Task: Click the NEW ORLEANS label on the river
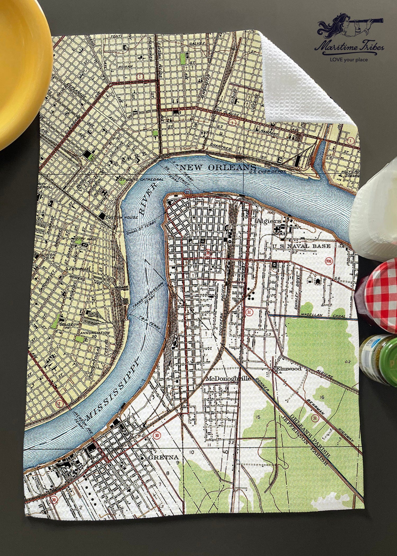(x=218, y=167)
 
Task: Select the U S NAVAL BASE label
(x=301, y=246)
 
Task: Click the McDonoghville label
(x=228, y=379)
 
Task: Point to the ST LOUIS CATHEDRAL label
(x=141, y=180)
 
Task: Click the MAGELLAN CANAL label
(x=321, y=315)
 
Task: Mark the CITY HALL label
(x=82, y=239)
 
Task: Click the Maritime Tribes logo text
(x=349, y=48)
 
